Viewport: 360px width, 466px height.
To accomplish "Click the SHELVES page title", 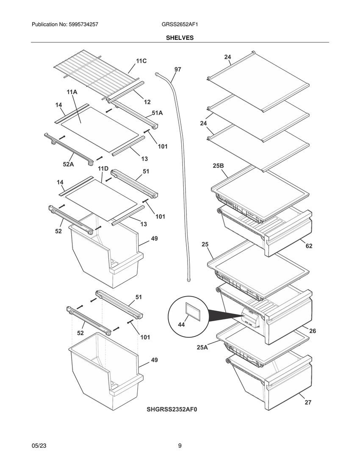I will pyautogui.click(x=180, y=38).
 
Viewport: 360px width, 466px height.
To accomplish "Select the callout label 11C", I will pyautogui.click(x=141, y=61).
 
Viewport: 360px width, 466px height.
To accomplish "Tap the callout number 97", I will pyautogui.click(x=177, y=69).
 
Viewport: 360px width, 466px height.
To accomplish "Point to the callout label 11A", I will pyautogui.click(x=72, y=92).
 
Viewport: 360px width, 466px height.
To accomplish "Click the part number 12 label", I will pyautogui.click(x=147, y=102).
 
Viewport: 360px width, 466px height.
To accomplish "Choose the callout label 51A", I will pyautogui.click(x=158, y=114).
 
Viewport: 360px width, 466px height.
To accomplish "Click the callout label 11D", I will pyautogui.click(x=103, y=169).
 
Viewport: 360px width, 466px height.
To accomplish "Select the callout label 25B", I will pyautogui.click(x=219, y=166).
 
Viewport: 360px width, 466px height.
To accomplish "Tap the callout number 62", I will pyautogui.click(x=309, y=246).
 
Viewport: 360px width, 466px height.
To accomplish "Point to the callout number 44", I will pyautogui.click(x=181, y=325).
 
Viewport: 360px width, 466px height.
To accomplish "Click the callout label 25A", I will pyautogui.click(x=202, y=347).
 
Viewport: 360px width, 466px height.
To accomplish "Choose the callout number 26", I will pyautogui.click(x=312, y=331).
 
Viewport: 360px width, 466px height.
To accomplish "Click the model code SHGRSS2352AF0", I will pyautogui.click(x=172, y=409).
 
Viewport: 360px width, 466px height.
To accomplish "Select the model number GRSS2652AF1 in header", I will pyautogui.click(x=180, y=25).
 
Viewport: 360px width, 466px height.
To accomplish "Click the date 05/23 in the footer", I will pyautogui.click(x=39, y=446).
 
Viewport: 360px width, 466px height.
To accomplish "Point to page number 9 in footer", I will pyautogui.click(x=180, y=446).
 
